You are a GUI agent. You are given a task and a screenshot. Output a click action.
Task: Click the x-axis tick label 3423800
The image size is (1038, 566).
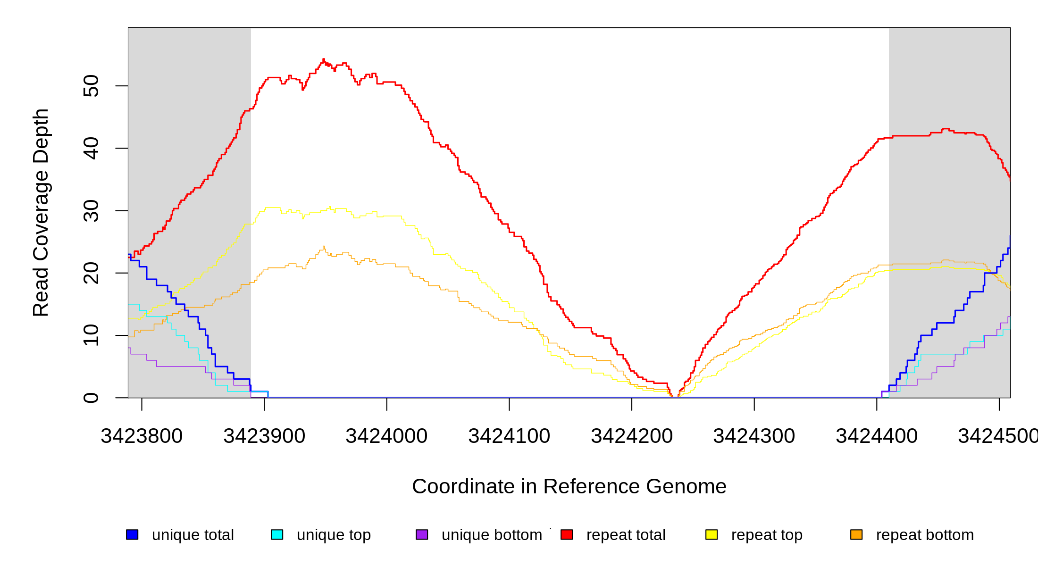(142, 436)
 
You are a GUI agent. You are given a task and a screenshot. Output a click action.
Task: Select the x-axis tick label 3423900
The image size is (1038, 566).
(264, 436)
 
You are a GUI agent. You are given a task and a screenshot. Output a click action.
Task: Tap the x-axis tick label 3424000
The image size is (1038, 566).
(386, 436)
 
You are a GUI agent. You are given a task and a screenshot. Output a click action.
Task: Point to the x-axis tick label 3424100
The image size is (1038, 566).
(509, 436)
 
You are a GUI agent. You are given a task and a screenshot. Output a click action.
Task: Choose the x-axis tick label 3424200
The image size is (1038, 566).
(632, 436)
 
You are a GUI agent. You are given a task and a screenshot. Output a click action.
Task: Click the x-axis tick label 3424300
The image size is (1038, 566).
(754, 436)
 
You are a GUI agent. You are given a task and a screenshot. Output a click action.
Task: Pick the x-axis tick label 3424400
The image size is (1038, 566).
(877, 436)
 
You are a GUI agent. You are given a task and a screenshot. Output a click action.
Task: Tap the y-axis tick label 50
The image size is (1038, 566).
(91, 86)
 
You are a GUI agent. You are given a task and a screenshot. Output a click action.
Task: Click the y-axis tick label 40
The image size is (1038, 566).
(91, 148)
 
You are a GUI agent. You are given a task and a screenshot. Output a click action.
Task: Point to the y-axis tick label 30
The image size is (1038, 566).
(91, 211)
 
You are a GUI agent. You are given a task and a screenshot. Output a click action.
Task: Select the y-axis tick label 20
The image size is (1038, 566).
(91, 273)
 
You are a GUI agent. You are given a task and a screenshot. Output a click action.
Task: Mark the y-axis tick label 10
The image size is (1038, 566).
(91, 335)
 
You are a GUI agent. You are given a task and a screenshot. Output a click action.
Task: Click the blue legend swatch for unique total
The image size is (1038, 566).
(132, 534)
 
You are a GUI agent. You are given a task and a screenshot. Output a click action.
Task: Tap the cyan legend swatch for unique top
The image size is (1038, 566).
(277, 534)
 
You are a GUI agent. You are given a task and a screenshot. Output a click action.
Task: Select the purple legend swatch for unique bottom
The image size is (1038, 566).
(422, 534)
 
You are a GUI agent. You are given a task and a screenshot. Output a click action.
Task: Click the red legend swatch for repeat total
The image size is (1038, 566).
(567, 534)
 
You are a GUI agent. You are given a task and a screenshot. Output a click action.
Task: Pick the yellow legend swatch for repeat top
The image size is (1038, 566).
(712, 534)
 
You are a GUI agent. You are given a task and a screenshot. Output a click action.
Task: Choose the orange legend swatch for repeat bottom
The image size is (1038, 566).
(856, 534)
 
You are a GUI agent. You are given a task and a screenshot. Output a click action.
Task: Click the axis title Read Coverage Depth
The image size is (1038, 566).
(41, 212)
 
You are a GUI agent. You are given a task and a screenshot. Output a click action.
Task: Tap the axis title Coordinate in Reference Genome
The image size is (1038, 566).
(569, 486)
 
